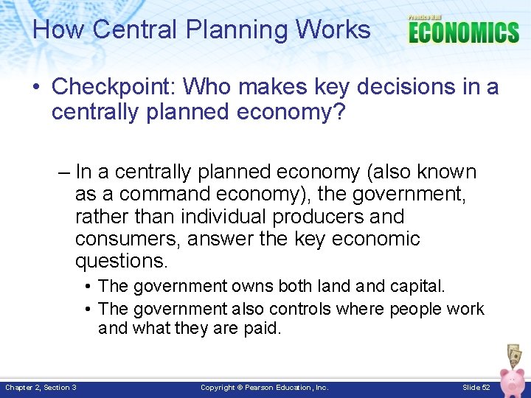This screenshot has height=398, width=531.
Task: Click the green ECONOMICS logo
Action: (463, 32)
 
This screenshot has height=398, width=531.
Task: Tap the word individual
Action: (223, 217)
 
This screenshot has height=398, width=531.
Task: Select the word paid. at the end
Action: (262, 329)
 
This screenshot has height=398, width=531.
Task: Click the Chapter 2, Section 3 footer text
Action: (41, 388)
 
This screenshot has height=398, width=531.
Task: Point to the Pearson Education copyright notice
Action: (265, 388)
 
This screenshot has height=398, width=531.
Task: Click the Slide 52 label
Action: (476, 388)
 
